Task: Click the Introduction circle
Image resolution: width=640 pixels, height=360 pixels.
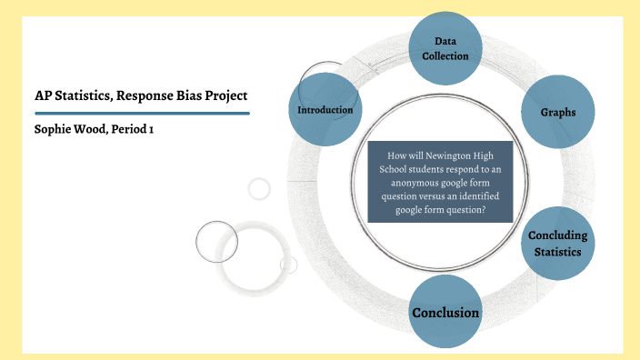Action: tap(325, 110)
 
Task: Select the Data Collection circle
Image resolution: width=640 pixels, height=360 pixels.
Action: tap(445, 48)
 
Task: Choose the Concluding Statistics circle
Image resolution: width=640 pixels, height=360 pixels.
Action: tap(557, 243)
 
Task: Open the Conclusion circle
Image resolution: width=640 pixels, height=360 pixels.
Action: tap(445, 312)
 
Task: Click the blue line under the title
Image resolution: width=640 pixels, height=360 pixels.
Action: tap(136, 114)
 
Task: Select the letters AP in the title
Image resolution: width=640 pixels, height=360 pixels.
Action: tap(41, 95)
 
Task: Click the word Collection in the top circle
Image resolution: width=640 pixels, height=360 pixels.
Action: tap(445, 56)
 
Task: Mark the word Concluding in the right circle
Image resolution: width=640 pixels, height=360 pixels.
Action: tap(557, 235)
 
